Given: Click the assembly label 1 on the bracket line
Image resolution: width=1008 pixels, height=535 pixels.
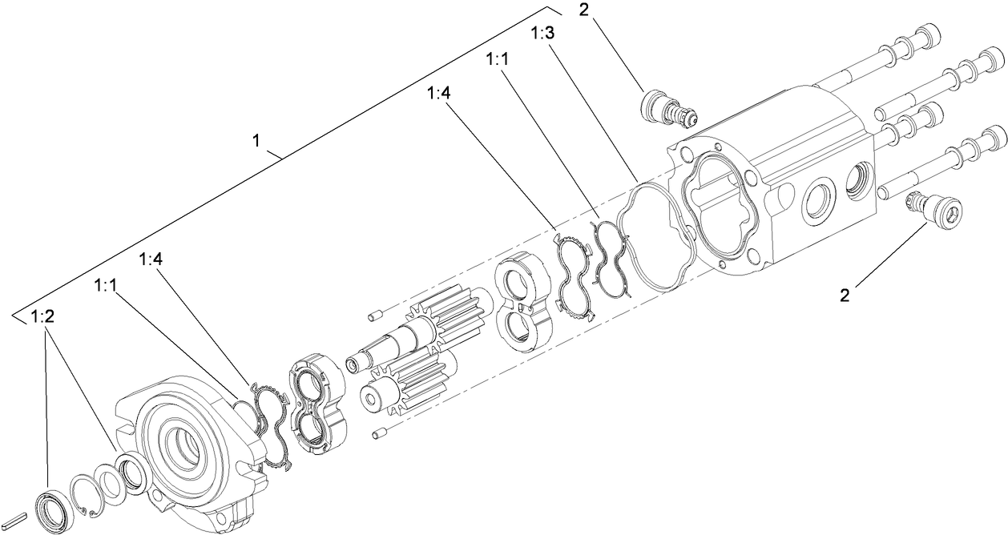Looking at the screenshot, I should pyautogui.click(x=256, y=141).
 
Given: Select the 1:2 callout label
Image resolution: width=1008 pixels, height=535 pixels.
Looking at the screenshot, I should pyautogui.click(x=42, y=317).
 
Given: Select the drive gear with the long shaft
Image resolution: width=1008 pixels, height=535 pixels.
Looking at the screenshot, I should pyautogui.click(x=417, y=333).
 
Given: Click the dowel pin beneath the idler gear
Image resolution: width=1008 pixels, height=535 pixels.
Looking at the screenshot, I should pyautogui.click(x=381, y=433).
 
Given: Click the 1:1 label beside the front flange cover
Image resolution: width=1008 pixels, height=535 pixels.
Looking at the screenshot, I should pyautogui.click(x=106, y=285).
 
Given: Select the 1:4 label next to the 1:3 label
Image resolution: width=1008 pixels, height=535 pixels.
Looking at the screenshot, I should pyautogui.click(x=439, y=93).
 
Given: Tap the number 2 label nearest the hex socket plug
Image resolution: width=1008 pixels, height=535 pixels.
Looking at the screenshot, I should pyautogui.click(x=844, y=295).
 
